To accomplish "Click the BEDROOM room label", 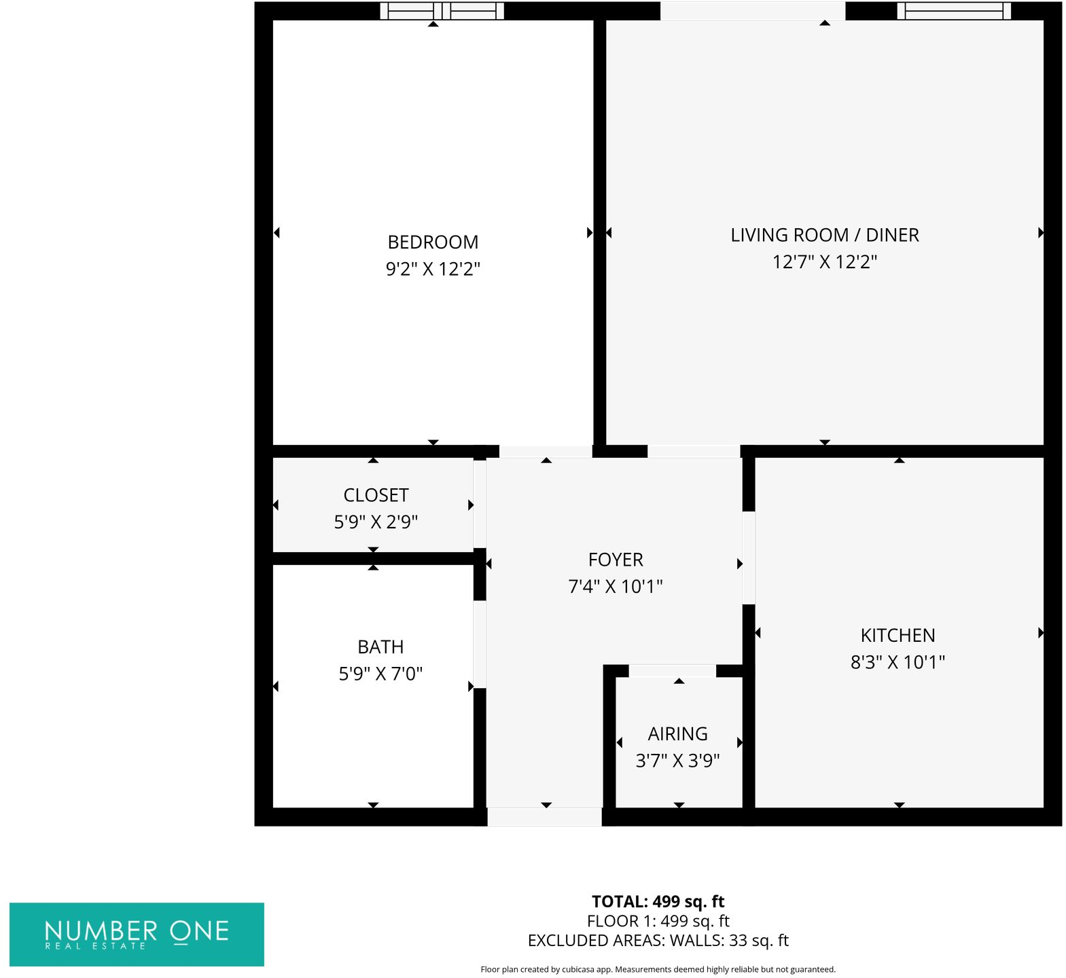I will (433, 242).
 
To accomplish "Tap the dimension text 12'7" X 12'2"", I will (824, 262).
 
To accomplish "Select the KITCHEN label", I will (898, 636).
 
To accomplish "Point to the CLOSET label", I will (376, 495).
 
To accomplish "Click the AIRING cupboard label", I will (677, 734).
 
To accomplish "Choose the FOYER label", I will (616, 560).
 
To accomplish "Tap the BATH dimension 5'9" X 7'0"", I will (380, 674).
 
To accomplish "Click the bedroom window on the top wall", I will (442, 11).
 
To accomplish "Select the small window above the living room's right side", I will (954, 11).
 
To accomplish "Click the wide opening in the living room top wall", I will (753, 11).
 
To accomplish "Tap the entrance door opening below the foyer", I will (544, 817).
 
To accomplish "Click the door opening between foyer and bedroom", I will (546, 452).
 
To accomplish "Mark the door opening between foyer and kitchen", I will (748, 558).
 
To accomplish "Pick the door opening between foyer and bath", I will (480, 644).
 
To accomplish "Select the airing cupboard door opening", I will (672, 671).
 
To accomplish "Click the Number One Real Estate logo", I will (137, 934).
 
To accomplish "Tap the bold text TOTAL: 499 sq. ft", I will (658, 902).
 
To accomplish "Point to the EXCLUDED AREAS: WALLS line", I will (658, 941).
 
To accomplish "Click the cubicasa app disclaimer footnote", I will (658, 969).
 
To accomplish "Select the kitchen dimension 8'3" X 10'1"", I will (898, 662).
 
